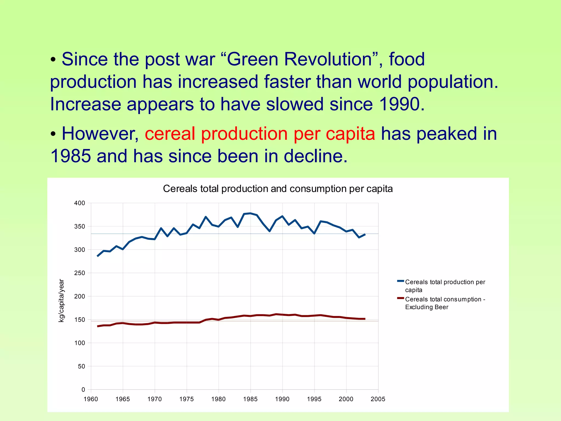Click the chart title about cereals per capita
pyautogui.click(x=277, y=189)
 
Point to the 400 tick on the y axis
pyautogui.click(x=80, y=203)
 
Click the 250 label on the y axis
pyautogui.click(x=80, y=273)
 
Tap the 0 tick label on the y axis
pyautogui.click(x=83, y=389)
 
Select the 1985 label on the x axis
pyautogui.click(x=250, y=399)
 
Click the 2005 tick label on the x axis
pyautogui.click(x=378, y=399)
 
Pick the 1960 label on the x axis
pyautogui.click(x=91, y=399)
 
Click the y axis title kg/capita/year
pyautogui.click(x=61, y=301)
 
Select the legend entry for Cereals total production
pyautogui.click(x=445, y=286)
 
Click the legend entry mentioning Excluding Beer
pyautogui.click(x=445, y=303)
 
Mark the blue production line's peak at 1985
pyautogui.click(x=250, y=213)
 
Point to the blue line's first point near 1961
pyautogui.click(x=98, y=256)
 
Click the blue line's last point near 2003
pyautogui.click(x=365, y=234)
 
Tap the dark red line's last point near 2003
pyautogui.click(x=365, y=319)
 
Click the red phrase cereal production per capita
pyautogui.click(x=260, y=134)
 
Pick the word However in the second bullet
pyautogui.click(x=100, y=134)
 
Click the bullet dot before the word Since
pyautogui.click(x=53, y=59)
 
